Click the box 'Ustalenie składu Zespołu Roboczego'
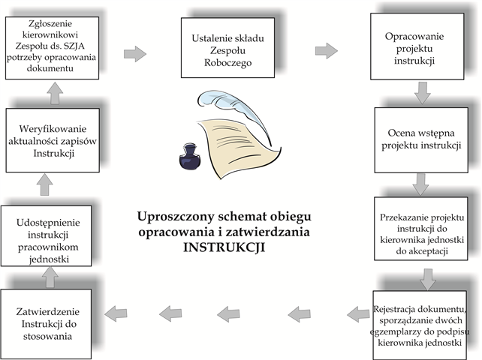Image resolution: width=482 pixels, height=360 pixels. (x=227, y=47)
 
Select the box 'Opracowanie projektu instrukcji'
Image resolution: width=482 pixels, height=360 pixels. (x=417, y=46)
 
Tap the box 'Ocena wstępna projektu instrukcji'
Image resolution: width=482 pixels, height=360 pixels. (x=421, y=140)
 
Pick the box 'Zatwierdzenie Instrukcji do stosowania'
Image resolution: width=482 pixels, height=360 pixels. (x=46, y=324)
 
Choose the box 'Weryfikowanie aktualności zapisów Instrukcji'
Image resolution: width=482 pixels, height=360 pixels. (x=53, y=140)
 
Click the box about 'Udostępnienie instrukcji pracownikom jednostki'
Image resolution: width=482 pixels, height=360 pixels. (x=46, y=236)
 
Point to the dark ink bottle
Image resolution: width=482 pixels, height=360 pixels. (x=190, y=157)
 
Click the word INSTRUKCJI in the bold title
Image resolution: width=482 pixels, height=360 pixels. (x=224, y=247)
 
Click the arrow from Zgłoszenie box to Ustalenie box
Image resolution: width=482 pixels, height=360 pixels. (x=135, y=54)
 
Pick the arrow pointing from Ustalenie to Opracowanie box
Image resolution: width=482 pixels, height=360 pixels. (x=327, y=50)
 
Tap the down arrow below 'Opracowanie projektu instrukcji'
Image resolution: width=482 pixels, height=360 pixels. (x=423, y=93)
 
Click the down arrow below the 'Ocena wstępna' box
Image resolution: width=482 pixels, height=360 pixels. (x=420, y=184)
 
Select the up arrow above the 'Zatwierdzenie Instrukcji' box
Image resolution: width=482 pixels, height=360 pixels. (x=50, y=277)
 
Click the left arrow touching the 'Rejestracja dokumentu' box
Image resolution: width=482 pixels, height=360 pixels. (x=358, y=314)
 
